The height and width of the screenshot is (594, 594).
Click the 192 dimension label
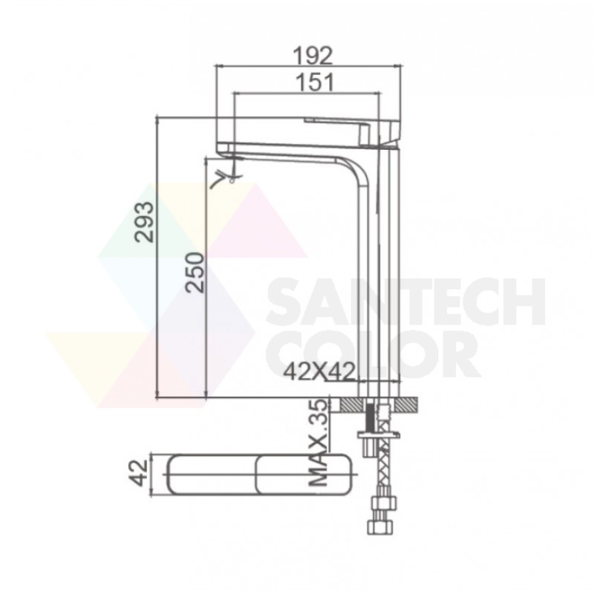[x=313, y=56]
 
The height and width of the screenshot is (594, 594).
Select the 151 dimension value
[x=315, y=83]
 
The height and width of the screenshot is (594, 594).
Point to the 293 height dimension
[x=145, y=222]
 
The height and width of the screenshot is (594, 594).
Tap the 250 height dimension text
[x=195, y=272]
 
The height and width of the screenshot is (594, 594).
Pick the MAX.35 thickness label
[x=318, y=443]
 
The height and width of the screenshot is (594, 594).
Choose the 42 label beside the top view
[x=138, y=473]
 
